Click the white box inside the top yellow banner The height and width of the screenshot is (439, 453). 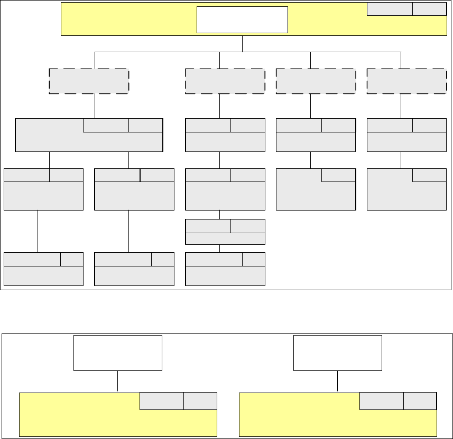coord(242,20)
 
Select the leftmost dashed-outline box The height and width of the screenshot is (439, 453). coord(89,81)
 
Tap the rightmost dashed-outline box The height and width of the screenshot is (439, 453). coord(406,81)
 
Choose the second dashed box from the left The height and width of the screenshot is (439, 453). coord(225,81)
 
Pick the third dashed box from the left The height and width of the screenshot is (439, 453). coord(316,81)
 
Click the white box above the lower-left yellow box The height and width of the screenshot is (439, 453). coord(117,352)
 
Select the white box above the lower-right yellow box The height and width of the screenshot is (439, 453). coord(338,352)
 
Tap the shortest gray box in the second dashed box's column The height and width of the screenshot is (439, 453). coord(225,233)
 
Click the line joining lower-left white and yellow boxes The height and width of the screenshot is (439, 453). coord(117,381)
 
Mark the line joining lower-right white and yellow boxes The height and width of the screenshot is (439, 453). coord(338,381)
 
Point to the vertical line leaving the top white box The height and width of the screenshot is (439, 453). coord(242,44)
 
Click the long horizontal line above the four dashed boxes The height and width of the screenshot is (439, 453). coord(159,52)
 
